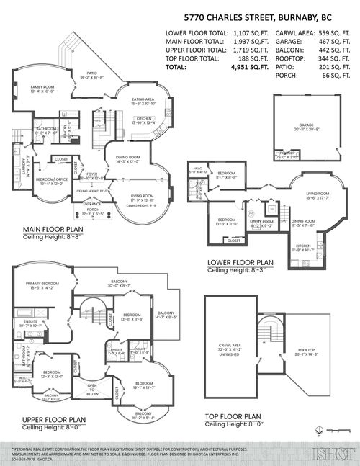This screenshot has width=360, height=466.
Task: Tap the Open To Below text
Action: (92, 390)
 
